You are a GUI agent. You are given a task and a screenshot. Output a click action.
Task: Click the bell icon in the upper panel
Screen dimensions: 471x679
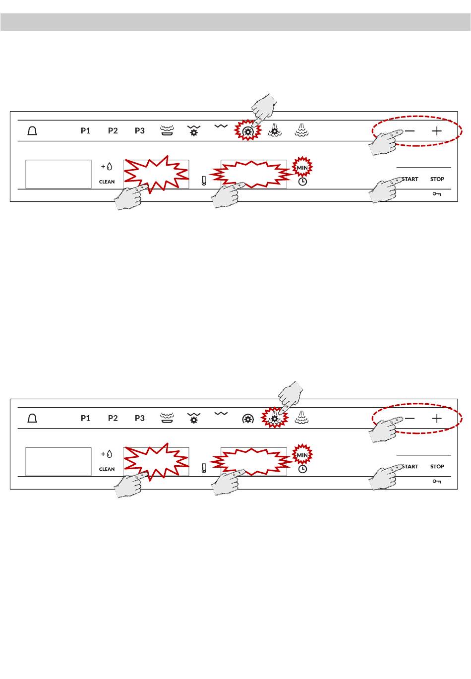[32, 131]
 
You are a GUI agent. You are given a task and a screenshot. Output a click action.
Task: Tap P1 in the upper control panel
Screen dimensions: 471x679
[85, 130]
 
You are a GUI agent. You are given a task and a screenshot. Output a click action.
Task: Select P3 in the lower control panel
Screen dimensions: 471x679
[139, 418]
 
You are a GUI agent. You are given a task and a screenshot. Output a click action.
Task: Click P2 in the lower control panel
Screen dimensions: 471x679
[113, 418]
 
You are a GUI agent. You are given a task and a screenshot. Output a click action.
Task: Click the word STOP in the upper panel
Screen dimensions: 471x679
[437, 179]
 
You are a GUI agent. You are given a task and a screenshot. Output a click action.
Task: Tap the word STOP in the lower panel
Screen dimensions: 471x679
[437, 467]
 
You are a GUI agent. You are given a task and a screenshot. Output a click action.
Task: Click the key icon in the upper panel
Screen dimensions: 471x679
[437, 194]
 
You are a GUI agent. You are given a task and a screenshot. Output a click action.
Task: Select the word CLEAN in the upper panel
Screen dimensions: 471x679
[107, 182]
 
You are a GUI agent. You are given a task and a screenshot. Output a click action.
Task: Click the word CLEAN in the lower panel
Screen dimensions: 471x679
[107, 469]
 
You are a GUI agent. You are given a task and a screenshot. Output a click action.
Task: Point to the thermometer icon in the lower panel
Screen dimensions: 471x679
[204, 468]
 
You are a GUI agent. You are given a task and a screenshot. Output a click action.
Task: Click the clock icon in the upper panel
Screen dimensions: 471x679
[302, 182]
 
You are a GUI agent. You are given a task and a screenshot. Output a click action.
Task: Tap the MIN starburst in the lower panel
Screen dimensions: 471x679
[302, 455]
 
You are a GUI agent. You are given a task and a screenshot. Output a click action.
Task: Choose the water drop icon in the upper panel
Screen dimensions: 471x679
[110, 167]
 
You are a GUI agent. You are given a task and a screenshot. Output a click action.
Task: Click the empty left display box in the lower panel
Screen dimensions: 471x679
[58, 462]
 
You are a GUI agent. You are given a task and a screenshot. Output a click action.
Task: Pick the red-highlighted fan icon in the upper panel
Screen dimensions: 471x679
[248, 131]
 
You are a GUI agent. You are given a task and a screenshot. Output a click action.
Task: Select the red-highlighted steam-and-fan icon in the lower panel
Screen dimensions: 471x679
[274, 418]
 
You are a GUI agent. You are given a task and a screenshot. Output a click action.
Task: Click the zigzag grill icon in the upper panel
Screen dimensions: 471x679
[221, 126]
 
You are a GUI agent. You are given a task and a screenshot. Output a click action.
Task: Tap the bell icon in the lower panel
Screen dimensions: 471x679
[32, 418]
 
